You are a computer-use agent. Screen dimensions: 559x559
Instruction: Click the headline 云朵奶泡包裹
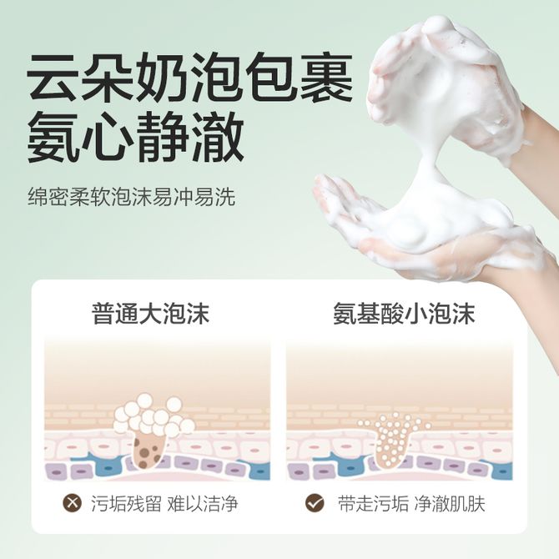[190, 78]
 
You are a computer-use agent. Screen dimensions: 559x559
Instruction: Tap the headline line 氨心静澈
[135, 136]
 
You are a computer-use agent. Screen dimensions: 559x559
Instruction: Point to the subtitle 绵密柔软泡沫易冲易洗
[132, 196]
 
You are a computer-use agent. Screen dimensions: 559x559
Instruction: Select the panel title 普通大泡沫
[150, 314]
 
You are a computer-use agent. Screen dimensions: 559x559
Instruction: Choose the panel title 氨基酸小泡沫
[404, 314]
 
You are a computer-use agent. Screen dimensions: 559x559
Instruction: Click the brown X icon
[72, 503]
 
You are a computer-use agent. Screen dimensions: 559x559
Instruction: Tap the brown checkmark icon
[315, 503]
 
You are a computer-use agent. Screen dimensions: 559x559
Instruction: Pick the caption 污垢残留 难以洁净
[164, 504]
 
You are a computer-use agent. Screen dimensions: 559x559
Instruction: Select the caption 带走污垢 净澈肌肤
[411, 504]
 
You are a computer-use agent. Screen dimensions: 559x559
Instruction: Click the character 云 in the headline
[53, 78]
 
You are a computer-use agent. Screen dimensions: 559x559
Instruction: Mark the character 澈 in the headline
[218, 136]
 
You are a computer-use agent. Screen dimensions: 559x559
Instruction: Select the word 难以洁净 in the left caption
[203, 504]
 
